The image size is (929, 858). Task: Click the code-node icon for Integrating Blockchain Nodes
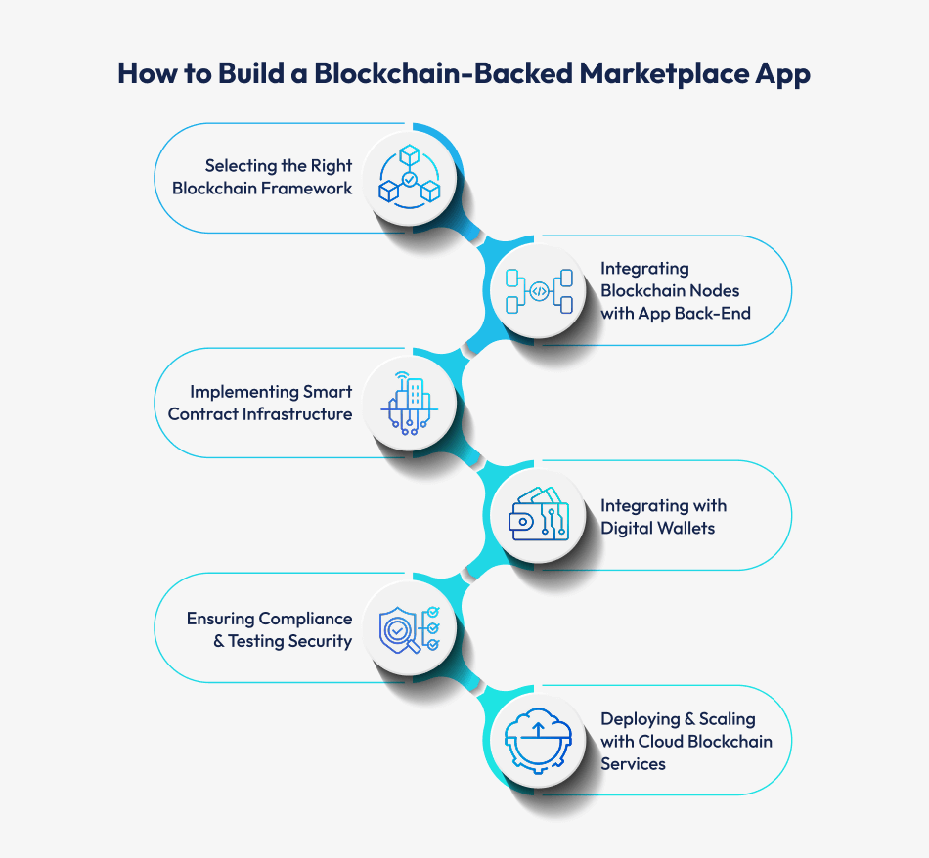(538, 290)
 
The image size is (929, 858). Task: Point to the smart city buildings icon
(409, 403)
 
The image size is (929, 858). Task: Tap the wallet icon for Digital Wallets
(538, 516)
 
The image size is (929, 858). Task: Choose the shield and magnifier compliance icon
(409, 628)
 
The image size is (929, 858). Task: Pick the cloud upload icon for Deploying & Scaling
(538, 741)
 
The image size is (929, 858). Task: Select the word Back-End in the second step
(718, 313)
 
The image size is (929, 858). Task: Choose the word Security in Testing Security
(319, 641)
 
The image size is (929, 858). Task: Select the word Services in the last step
(633, 763)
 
